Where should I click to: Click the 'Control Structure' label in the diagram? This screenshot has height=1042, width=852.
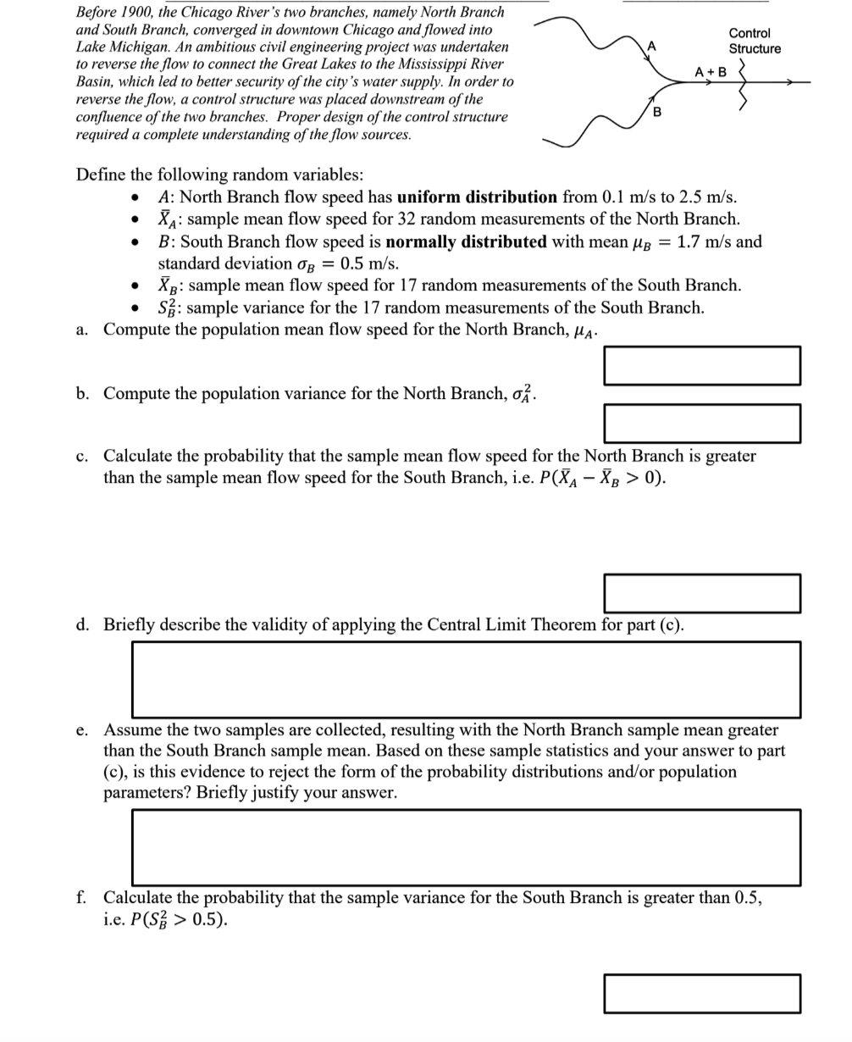click(754, 41)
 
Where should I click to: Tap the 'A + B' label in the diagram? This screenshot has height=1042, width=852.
click(710, 72)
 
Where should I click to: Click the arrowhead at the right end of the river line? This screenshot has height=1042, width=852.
click(791, 82)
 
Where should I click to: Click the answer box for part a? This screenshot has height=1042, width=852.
click(702, 365)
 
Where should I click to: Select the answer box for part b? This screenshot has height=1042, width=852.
click(702, 423)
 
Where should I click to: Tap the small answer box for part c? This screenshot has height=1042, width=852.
click(702, 593)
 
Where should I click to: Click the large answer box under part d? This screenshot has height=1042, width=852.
click(466, 679)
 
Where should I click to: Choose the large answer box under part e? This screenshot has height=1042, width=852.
click(466, 847)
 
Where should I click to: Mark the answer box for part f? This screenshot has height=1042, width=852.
click(702, 993)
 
